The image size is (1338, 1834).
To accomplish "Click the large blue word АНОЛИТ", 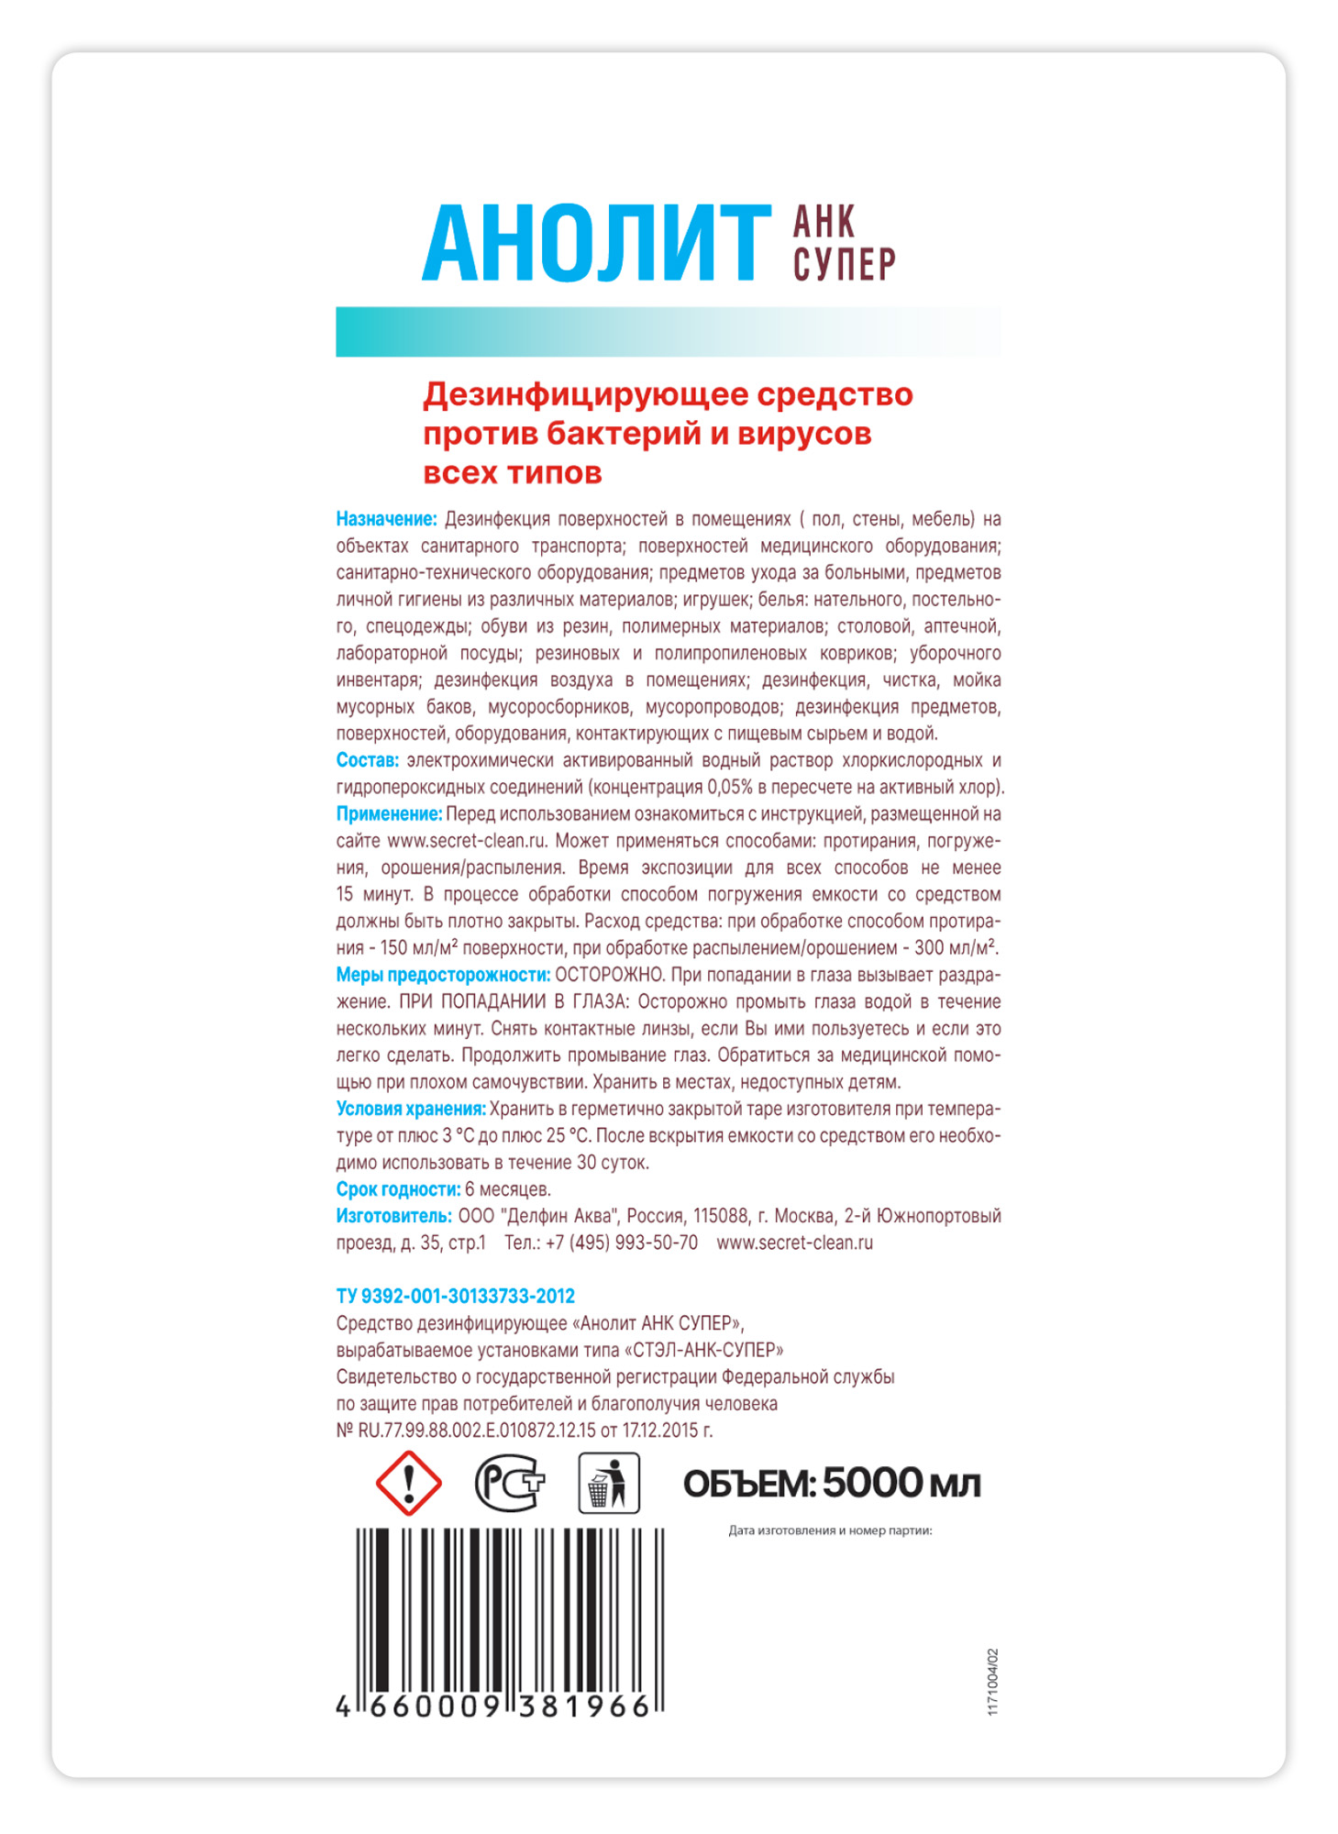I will click(x=595, y=243).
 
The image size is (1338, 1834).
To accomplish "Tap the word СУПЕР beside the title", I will click(x=844, y=264).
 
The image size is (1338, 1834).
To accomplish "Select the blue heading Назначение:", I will click(x=386, y=519).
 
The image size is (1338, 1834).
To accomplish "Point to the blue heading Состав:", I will click(x=367, y=760).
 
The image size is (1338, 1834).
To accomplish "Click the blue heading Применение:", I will click(x=389, y=814).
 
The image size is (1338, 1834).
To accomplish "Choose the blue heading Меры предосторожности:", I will click(x=443, y=975).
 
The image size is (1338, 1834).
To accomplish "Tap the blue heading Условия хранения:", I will click(x=410, y=1109).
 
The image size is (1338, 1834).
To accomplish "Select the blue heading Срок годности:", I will click(x=398, y=1189).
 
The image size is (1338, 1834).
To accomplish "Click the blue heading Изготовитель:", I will click(x=393, y=1216).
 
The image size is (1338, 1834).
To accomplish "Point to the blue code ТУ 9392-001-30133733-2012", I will click(x=455, y=1296).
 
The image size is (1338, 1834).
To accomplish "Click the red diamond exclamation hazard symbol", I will click(x=409, y=1483).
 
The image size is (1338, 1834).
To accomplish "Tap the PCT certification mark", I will click(x=509, y=1483).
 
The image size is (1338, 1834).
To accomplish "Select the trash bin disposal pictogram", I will click(x=608, y=1483).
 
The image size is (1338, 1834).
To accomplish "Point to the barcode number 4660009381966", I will click(x=493, y=1706).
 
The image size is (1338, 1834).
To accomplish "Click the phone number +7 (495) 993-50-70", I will click(x=621, y=1243).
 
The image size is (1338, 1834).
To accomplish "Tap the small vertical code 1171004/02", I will click(x=992, y=1682).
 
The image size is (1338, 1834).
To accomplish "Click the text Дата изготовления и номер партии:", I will click(x=829, y=1530).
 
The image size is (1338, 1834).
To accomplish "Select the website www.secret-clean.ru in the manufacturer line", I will click(x=794, y=1243).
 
